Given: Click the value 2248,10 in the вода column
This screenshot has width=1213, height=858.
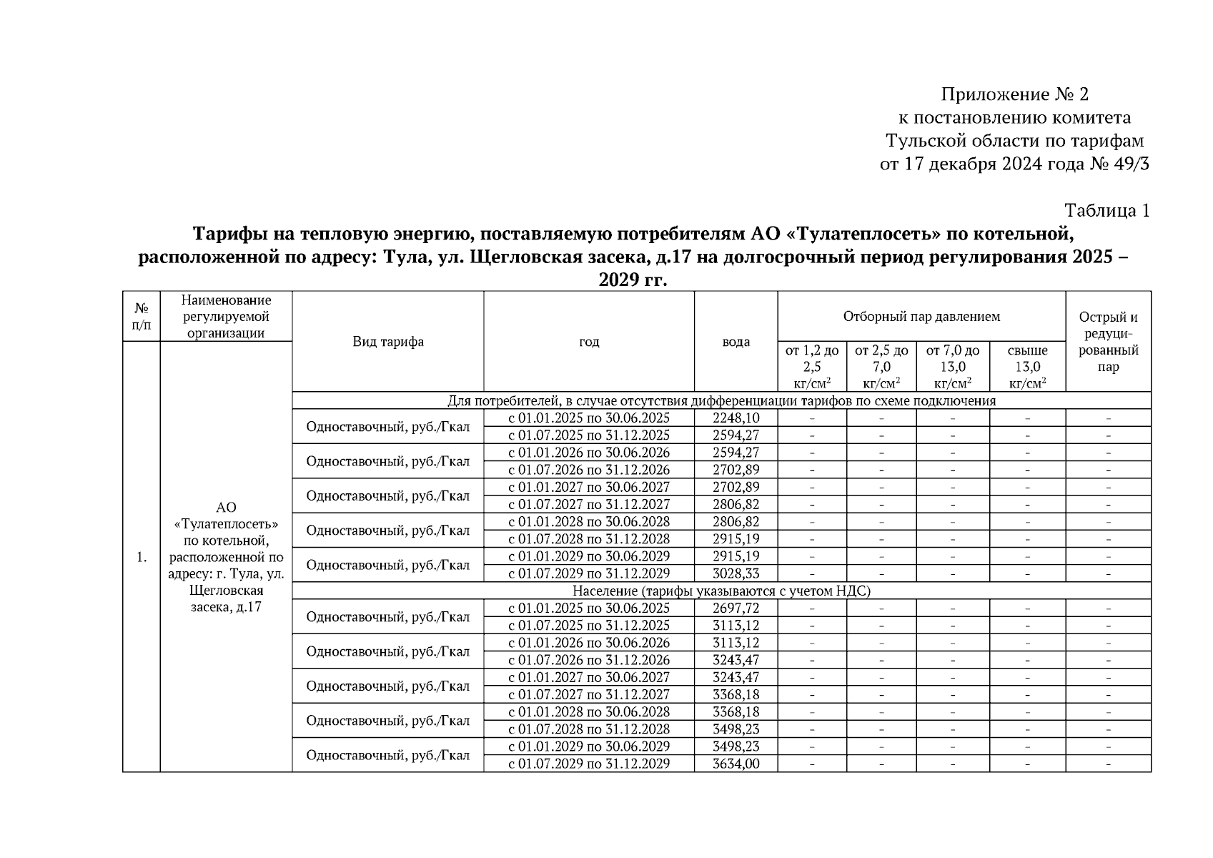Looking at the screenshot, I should tap(736, 418).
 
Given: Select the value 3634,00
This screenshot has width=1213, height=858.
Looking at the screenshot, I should tap(736, 764).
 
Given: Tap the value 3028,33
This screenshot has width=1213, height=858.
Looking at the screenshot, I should tap(736, 573).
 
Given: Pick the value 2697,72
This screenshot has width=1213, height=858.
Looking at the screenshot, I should tap(736, 608).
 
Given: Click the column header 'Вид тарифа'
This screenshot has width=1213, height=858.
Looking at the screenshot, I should tap(387, 342).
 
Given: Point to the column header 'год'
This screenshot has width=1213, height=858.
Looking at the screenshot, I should tap(588, 342).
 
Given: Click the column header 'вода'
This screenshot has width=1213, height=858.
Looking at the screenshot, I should tap(736, 342).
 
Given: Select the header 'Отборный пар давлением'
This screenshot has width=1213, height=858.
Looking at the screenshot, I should tap(921, 316).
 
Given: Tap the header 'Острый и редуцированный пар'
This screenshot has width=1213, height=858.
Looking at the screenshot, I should tap(1108, 342).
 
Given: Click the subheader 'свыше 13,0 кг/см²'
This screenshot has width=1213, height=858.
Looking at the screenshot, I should tap(1027, 366).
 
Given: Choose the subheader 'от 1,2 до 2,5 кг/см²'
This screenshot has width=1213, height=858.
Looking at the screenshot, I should tap(812, 366).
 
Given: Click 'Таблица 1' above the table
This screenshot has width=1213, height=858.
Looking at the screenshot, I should tap(1106, 211).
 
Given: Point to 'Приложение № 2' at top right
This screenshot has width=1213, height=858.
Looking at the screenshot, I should tap(1014, 94).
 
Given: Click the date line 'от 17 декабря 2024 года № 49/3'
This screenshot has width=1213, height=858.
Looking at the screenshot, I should tap(1014, 164).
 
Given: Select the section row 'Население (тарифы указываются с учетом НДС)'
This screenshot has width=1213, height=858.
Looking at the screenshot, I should tap(721, 591).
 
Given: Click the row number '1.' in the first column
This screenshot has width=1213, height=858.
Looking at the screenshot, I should tap(142, 557).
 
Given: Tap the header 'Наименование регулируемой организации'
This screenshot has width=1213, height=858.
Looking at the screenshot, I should tap(226, 316).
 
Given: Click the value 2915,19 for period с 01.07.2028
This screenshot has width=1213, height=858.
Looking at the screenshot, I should tap(736, 539).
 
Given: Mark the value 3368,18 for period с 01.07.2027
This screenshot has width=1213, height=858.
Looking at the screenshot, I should tap(736, 694).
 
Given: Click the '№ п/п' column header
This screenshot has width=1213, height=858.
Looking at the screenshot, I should tap(142, 316).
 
